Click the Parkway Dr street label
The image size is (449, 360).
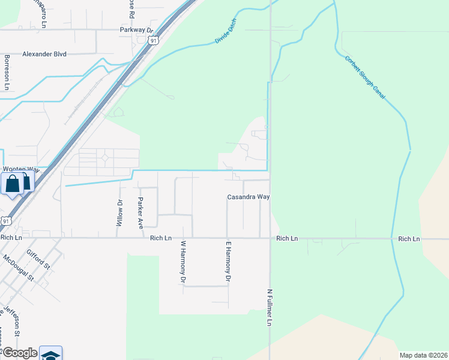point(137,29)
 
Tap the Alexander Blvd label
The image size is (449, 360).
point(44,53)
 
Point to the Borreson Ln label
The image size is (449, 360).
point(7,72)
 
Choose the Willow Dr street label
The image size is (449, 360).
point(119,212)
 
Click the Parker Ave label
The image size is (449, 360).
point(141,213)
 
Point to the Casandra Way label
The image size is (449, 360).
point(247,197)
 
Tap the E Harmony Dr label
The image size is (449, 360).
point(228,262)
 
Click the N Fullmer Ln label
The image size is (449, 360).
point(270,308)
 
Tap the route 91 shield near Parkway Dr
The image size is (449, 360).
point(154,40)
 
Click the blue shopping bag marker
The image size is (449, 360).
point(12,184)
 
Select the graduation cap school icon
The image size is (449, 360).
point(51,354)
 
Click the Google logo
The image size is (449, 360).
point(19,353)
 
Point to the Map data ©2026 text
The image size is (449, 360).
point(423,355)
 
